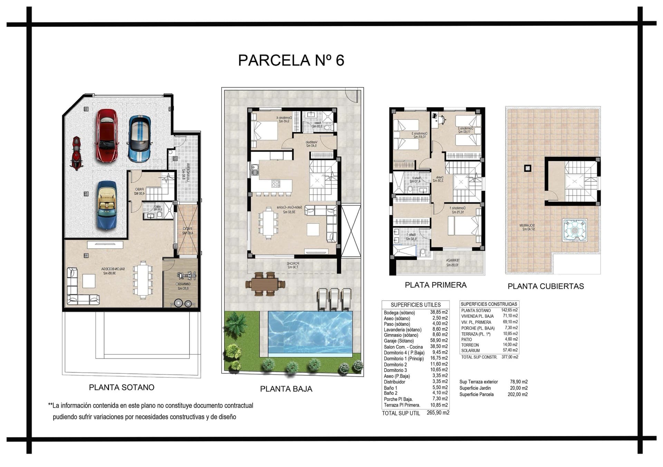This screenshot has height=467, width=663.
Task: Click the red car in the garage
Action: pos(107,136)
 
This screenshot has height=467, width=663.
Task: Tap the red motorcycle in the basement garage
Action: pos(76,153)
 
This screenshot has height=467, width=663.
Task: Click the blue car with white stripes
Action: pos(139,139)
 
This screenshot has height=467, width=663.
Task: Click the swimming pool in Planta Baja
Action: pos(310,333)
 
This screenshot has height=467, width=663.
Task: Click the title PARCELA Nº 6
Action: pos(291,60)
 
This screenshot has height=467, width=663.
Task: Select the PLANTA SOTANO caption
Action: pos(122,388)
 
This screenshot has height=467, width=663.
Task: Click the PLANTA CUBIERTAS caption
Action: pos(546,286)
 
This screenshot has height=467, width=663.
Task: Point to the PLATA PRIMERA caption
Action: pos(435,285)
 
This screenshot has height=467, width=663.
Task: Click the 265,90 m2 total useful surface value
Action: pos(438,413)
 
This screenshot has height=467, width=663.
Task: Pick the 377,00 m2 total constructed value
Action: pos(510,357)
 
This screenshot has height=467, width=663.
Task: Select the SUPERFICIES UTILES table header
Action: pos(416,305)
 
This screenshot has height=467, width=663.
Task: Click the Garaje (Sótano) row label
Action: pos(398,341)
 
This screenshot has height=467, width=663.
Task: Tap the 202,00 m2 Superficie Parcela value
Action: pos(519,394)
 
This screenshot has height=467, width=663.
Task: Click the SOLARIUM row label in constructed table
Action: pos(470,351)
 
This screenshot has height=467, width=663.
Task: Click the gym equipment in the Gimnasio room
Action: pos(186,276)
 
